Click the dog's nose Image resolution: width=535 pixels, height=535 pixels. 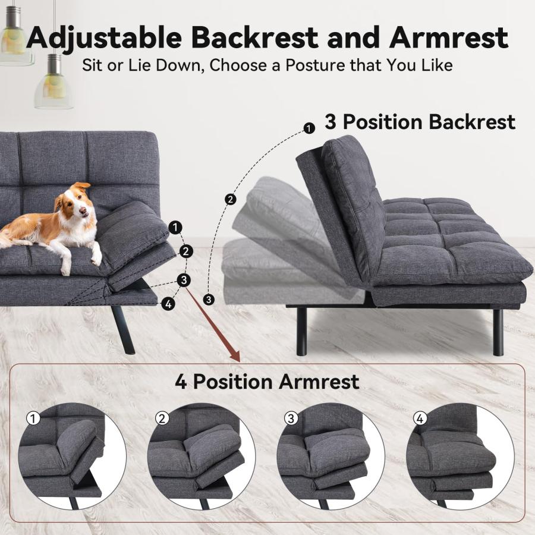pos(83,212)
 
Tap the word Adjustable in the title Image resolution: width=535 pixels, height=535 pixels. pos(104,37)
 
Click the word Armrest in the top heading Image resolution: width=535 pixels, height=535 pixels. pos(448,37)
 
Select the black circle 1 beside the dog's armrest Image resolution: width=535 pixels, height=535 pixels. pos(175,227)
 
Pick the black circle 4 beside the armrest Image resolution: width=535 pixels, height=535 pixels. pos(168,303)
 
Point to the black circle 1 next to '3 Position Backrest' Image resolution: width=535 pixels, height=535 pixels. pos(309,128)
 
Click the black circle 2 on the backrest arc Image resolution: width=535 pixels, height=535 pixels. pos(231,199)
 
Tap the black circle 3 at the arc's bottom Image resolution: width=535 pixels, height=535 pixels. pos(209,300)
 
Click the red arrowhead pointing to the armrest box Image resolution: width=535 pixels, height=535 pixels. pos(235,356)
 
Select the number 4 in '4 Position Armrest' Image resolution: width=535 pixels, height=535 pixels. pos(181,382)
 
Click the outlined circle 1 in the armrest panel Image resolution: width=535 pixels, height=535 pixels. pos(33,418)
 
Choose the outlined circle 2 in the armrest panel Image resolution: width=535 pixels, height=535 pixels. pos(162,418)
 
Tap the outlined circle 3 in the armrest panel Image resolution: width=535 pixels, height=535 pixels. pos(291,418)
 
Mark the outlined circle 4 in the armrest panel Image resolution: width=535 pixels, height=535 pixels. pos(420,418)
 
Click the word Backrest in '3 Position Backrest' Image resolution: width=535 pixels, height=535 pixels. pos(472,122)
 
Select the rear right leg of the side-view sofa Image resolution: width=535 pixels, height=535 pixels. pos(498,332)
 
